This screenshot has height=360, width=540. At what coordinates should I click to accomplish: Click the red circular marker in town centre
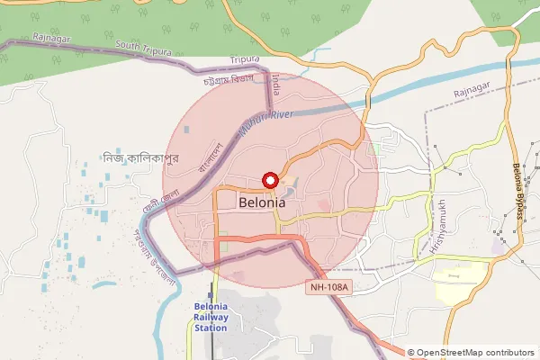coord(270,180)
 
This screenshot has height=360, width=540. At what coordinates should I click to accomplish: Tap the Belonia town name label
coord(263,203)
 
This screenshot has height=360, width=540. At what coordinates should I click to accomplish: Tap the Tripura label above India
coord(244,59)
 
